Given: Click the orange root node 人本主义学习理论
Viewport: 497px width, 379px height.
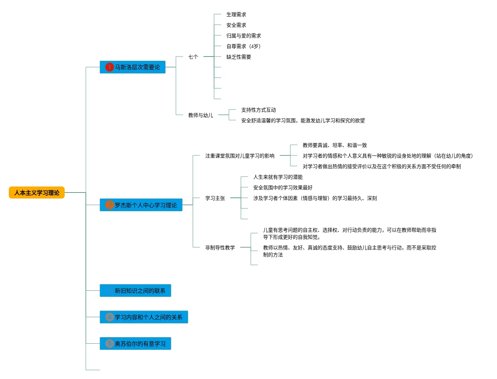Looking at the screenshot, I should [37, 193].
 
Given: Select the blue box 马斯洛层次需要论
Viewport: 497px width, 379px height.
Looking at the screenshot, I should [133, 67].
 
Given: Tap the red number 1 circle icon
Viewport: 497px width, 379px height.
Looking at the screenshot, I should [110, 67].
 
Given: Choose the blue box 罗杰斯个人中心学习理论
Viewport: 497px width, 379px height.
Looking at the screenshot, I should [141, 205].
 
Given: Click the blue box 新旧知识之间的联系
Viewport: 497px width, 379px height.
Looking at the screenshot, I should [136, 291].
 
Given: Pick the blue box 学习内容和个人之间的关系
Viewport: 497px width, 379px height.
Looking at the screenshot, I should [144, 317].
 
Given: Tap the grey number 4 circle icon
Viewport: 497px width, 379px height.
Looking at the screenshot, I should [110, 317].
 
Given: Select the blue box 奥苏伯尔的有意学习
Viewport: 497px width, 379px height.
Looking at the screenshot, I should [136, 344].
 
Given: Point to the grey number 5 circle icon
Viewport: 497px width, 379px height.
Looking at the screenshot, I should [110, 344].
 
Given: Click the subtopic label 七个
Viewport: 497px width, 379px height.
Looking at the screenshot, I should [193, 57].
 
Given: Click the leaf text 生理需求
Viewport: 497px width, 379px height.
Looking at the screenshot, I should [236, 14].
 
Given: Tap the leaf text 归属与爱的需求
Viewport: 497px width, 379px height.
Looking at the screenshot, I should [244, 36].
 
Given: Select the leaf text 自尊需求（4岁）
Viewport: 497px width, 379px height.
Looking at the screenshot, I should [244, 46].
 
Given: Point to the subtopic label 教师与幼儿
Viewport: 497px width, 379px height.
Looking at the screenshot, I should [201, 115].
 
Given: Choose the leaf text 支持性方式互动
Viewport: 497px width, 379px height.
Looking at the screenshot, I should [259, 110].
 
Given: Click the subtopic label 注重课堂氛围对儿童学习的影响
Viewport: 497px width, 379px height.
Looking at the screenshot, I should [240, 156].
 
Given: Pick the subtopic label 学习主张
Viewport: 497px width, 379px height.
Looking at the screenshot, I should [215, 198].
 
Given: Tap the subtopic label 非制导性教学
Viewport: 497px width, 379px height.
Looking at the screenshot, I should [220, 248].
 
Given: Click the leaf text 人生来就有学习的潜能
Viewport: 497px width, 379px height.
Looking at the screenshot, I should [278, 177].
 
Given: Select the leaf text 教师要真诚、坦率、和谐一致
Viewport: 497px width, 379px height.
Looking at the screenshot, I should [335, 145].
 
